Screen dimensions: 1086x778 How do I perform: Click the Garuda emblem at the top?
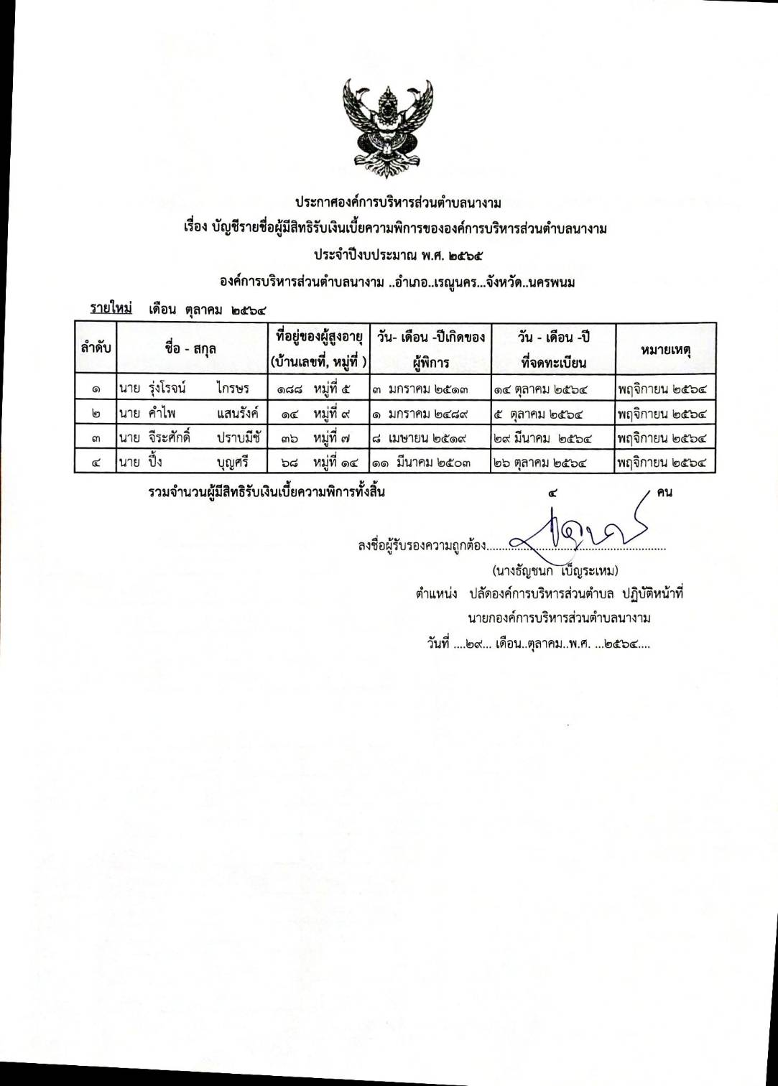click(x=389, y=128)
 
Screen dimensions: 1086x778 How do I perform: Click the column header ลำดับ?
click(x=96, y=348)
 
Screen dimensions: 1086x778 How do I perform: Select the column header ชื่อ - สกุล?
click(x=190, y=348)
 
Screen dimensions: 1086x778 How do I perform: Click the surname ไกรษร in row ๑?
click(x=232, y=389)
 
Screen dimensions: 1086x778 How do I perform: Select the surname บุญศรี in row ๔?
click(x=232, y=462)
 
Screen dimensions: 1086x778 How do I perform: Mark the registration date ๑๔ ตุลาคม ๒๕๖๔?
click(x=541, y=389)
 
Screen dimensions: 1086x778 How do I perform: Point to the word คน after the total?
click(x=664, y=493)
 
